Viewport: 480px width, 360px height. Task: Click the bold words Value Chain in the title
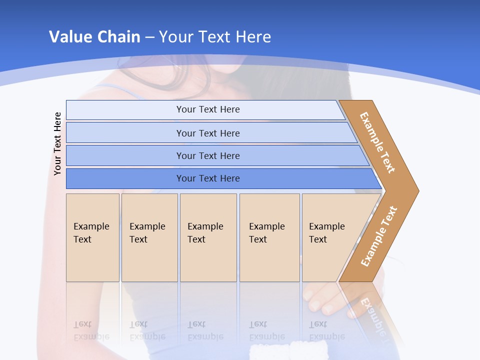coord(94,37)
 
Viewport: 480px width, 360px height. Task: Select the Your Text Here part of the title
coord(215,37)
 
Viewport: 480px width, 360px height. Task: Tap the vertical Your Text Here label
coord(57,144)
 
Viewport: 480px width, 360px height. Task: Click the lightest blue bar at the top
coord(125,110)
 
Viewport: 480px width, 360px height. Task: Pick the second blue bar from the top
coord(125,133)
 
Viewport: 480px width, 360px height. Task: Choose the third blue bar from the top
coord(125,155)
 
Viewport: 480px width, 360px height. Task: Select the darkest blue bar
coord(125,178)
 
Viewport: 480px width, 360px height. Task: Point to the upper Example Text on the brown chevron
coord(377,142)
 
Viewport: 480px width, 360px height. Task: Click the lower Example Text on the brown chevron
coord(379,236)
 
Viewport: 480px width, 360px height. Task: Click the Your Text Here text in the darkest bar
coord(208,178)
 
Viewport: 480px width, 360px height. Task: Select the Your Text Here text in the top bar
coord(208,109)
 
